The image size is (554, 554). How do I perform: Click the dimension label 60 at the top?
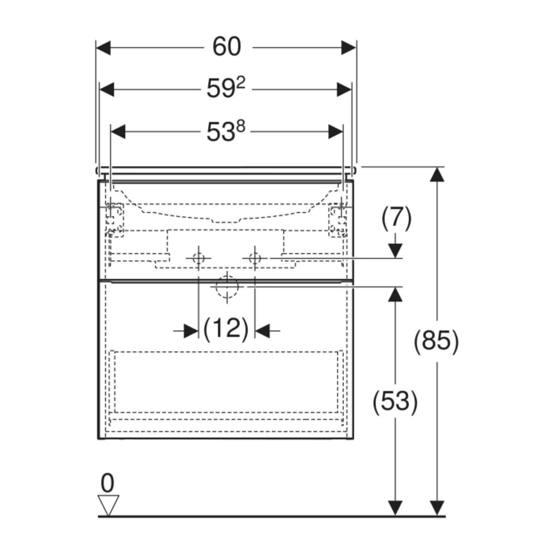click(x=227, y=46)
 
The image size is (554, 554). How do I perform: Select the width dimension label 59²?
click(x=226, y=88)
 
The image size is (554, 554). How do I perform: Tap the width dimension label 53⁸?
click(x=226, y=131)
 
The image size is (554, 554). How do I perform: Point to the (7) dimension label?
click(x=396, y=219)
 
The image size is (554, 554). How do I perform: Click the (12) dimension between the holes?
click(x=226, y=329)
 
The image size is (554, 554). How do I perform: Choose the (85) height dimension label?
click(x=436, y=341)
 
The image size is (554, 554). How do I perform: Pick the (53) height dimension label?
click(x=395, y=402)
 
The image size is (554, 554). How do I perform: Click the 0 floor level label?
click(x=107, y=483)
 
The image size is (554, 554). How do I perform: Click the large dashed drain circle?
click(x=227, y=287)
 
